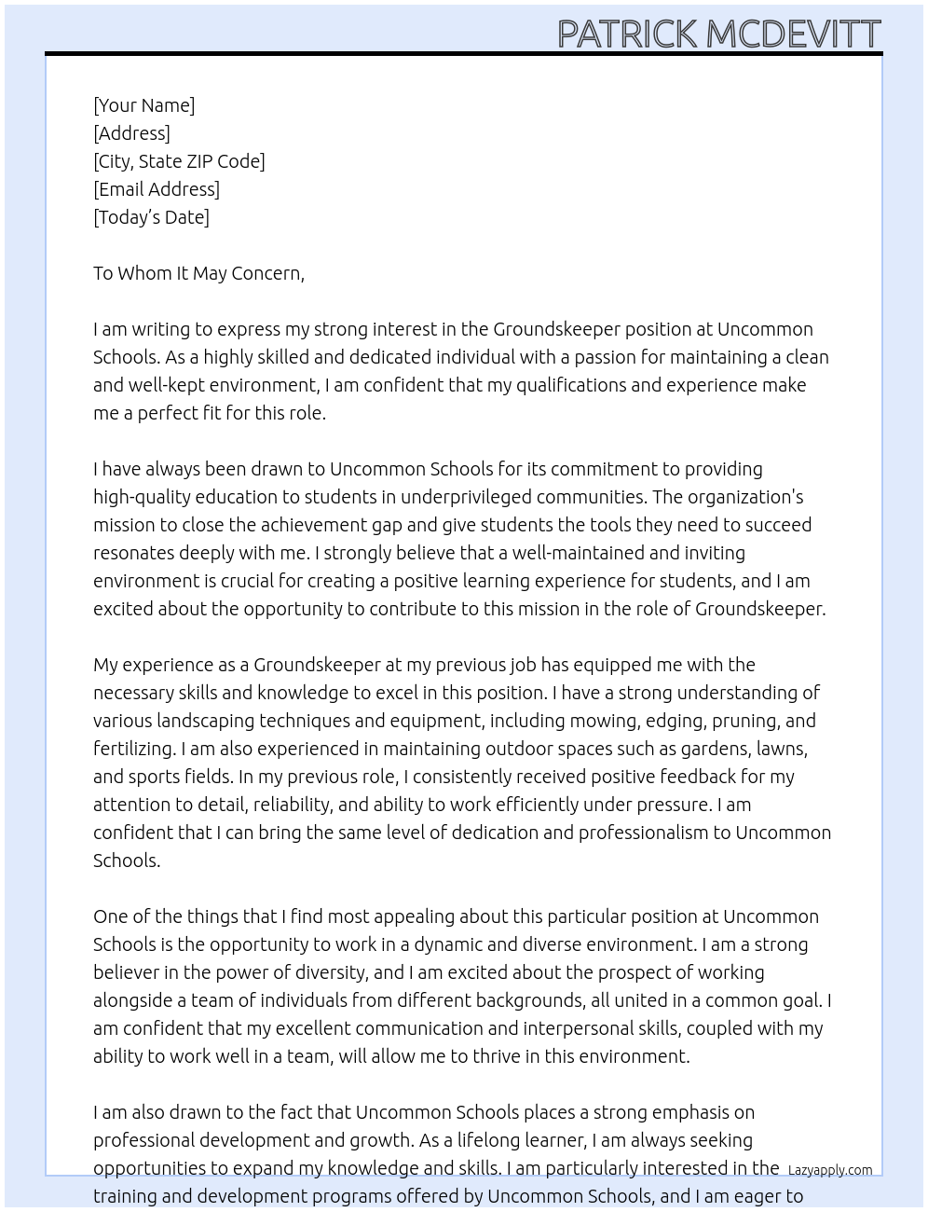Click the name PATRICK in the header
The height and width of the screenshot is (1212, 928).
[627, 34]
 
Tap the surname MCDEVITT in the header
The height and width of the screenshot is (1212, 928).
[793, 34]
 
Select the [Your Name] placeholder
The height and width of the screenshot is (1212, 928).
[143, 105]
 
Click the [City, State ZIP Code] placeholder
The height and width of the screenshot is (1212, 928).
[179, 161]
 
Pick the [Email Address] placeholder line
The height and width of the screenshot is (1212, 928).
[157, 189]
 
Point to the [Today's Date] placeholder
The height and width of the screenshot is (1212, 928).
[151, 217]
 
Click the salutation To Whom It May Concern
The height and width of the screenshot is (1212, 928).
[198, 273]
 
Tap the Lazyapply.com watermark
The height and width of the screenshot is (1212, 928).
[829, 1170]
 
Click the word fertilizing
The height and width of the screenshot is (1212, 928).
[133, 749]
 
